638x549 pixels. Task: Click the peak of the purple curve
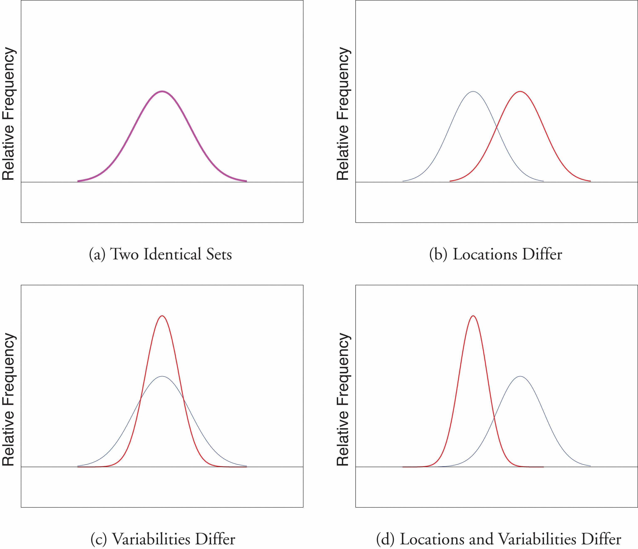(x=162, y=91)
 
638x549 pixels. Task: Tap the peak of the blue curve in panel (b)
(x=473, y=91)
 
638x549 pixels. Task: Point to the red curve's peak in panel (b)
(x=520, y=91)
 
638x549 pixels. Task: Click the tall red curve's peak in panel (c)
(x=162, y=316)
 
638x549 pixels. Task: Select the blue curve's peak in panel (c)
(x=162, y=376)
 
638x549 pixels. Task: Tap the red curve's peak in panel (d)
(x=473, y=316)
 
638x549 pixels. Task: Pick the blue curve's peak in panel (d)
(x=520, y=376)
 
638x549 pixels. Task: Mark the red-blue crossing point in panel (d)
(x=494, y=417)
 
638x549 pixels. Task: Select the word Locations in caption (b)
(x=484, y=254)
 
